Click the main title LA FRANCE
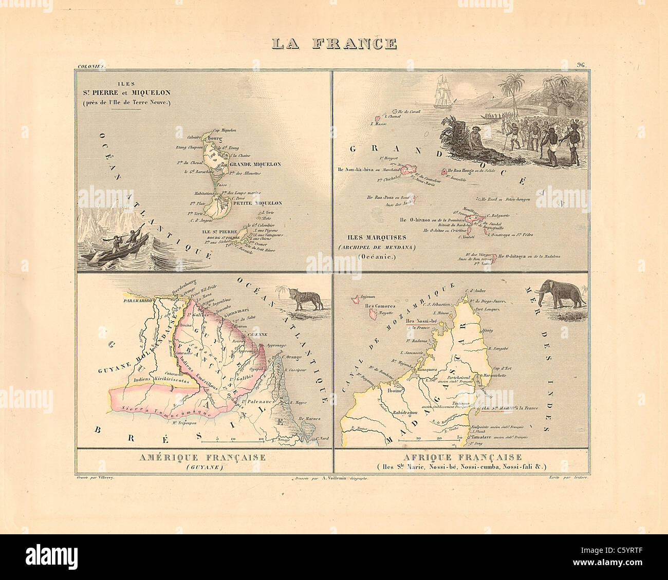click(334, 43)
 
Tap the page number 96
click(582, 65)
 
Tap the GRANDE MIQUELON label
click(255, 164)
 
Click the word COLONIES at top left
click(89, 66)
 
